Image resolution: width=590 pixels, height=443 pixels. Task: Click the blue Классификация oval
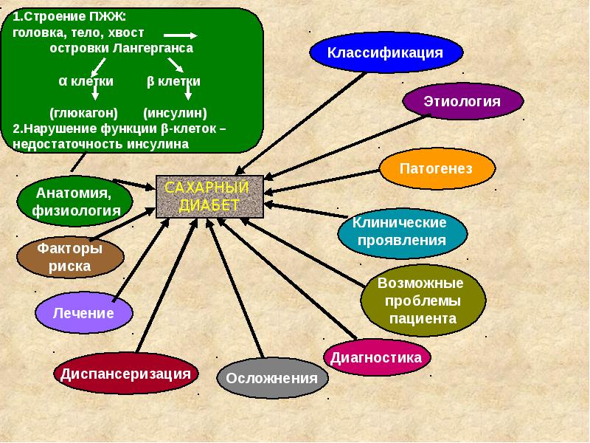coord(386,52)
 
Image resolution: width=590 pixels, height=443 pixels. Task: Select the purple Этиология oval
coord(462,101)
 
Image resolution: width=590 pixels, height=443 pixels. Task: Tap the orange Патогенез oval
coord(436,168)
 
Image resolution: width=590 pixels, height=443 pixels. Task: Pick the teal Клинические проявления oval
coord(402,231)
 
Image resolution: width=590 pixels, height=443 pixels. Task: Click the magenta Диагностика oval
coord(376,357)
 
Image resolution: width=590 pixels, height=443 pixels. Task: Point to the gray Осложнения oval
coord(272,378)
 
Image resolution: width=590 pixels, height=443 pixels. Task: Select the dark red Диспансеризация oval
coord(127,374)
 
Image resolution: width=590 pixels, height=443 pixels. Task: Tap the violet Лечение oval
coord(84,312)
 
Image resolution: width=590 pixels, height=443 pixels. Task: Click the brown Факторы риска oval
coord(70,256)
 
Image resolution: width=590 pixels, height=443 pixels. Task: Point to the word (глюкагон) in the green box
coord(83,113)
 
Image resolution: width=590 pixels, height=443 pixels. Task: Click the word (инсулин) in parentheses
coord(175,113)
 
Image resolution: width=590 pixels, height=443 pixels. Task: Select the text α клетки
coord(86,81)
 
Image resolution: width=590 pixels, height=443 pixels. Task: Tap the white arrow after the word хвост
coord(179,35)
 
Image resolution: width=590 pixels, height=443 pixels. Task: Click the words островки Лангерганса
coord(121,48)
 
